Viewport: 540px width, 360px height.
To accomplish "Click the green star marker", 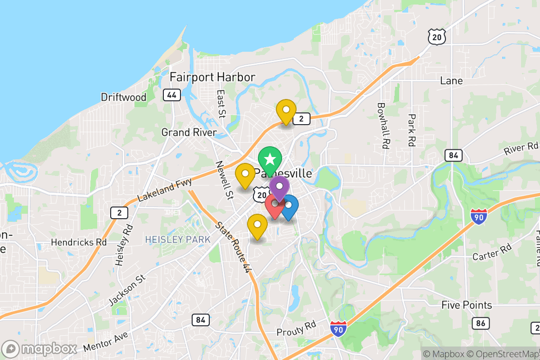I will [270, 159].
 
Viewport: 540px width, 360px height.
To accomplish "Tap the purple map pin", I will [279, 187].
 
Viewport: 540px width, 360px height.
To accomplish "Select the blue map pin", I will [288, 206].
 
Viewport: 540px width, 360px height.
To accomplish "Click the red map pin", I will [274, 205].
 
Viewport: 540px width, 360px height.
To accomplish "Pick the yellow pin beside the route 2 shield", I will [286, 111].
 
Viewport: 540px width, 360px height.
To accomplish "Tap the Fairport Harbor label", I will [212, 77].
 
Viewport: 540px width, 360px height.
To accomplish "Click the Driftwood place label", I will [124, 97].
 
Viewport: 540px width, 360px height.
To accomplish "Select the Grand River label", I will [189, 132].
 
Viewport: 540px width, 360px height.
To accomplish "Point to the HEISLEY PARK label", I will [178, 239].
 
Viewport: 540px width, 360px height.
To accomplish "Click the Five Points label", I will [467, 305].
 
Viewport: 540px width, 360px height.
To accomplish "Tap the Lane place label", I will [451, 81].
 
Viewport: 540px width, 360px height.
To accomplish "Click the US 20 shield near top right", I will [437, 37].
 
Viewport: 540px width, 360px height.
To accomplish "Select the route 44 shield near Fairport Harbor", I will [172, 95].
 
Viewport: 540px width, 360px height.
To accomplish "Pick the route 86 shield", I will [481, 323].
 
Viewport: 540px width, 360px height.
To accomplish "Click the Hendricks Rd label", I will [79, 242].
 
